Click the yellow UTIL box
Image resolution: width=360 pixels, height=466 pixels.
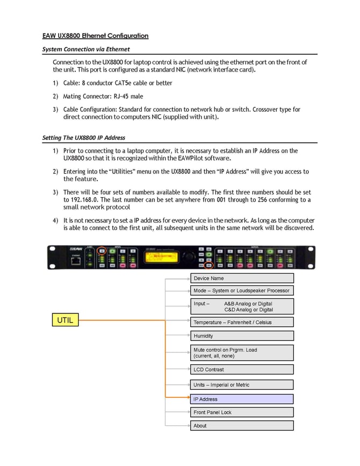pyautogui.click(x=65, y=320)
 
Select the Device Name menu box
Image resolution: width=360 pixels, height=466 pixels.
pyautogui.click(x=242, y=278)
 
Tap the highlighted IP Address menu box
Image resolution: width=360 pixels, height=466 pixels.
pyautogui.click(x=242, y=399)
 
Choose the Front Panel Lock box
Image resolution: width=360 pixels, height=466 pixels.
pyautogui.click(x=242, y=412)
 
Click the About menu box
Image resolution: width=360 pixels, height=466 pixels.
pyautogui.click(x=242, y=426)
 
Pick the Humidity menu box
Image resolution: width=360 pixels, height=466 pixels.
pyautogui.click(x=242, y=335)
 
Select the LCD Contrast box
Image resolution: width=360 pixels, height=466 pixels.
pyautogui.click(x=242, y=369)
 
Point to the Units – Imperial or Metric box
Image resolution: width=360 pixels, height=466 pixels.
pyautogui.click(x=242, y=385)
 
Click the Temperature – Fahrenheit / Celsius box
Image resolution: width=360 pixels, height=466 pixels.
pyautogui.click(x=242, y=322)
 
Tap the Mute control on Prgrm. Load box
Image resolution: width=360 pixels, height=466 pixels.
pyautogui.click(x=242, y=353)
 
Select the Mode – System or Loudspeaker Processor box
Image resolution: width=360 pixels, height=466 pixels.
pyautogui.click(x=242, y=290)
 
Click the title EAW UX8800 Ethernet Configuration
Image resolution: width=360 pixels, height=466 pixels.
pyautogui.click(x=95, y=36)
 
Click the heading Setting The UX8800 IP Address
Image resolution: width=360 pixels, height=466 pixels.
pyautogui.click(x=83, y=138)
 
